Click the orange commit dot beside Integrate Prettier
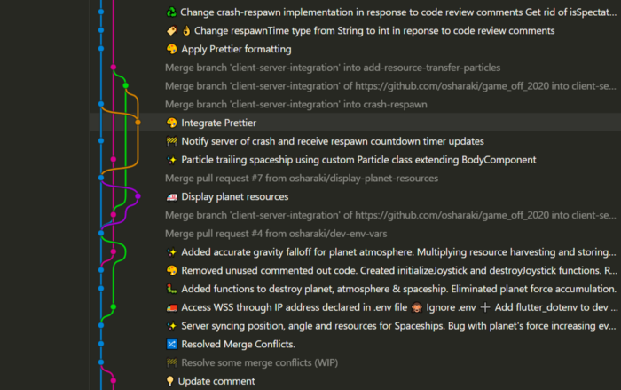(138, 123)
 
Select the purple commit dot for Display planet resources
(138, 196)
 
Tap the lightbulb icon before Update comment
(170, 381)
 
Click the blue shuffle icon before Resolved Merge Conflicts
(171, 344)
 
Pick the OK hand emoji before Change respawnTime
(186, 30)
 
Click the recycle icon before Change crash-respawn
(171, 12)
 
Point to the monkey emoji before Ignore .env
(417, 307)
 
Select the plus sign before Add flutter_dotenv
(485, 307)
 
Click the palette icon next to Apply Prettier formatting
(171, 49)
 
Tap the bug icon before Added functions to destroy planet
(171, 289)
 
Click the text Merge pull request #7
(214, 179)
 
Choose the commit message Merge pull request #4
(276, 234)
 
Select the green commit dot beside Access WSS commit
(114, 306)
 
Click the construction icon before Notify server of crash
(171, 141)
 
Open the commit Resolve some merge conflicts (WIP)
(259, 362)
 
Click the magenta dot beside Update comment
(114, 380)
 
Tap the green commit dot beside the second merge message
(126, 85)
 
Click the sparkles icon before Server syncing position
(171, 326)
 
